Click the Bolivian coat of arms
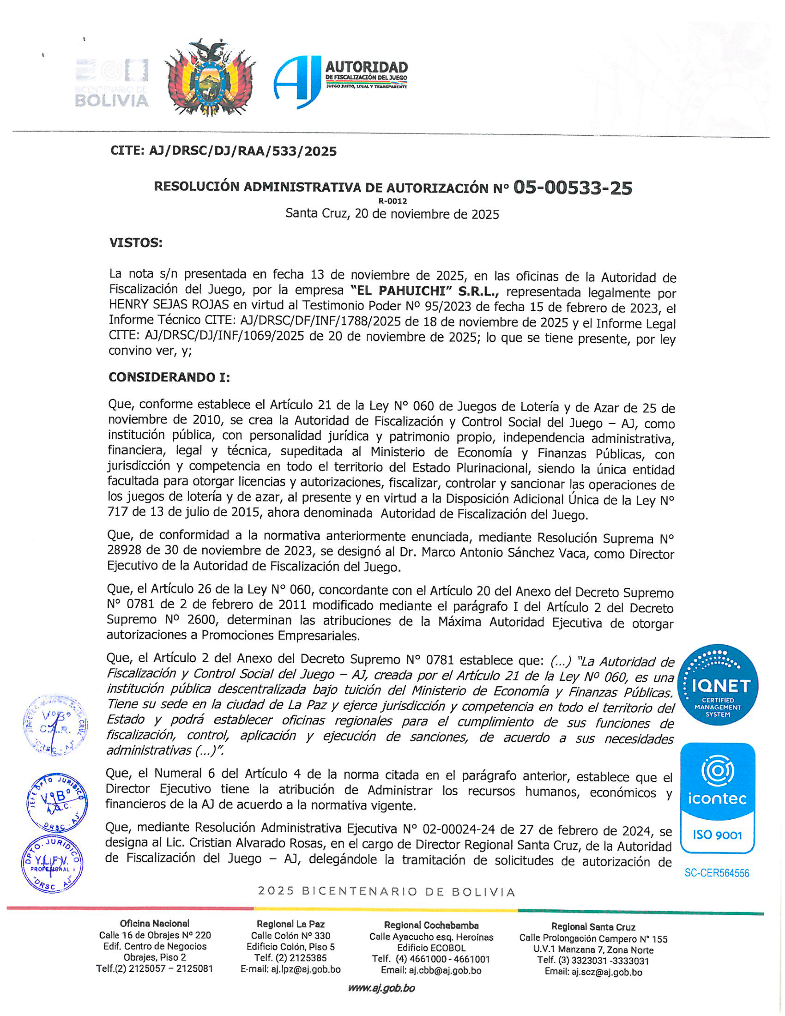click(211, 78)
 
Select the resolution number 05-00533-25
click(573, 187)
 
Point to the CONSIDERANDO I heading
click(169, 377)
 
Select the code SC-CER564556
click(717, 873)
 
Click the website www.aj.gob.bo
click(381, 988)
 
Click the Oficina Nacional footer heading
click(155, 923)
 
